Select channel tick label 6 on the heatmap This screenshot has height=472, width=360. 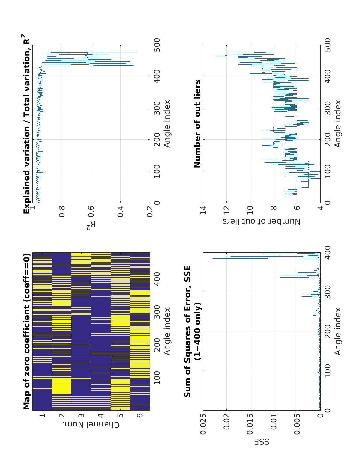click(141, 416)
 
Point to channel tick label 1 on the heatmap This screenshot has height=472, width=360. click(42, 416)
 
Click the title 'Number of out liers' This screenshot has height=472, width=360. click(197, 123)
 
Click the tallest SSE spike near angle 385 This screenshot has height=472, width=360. click(213, 258)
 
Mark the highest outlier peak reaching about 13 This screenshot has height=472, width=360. click(215, 56)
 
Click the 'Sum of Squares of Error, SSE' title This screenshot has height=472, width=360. click(187, 331)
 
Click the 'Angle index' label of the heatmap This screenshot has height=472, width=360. click(167, 331)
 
